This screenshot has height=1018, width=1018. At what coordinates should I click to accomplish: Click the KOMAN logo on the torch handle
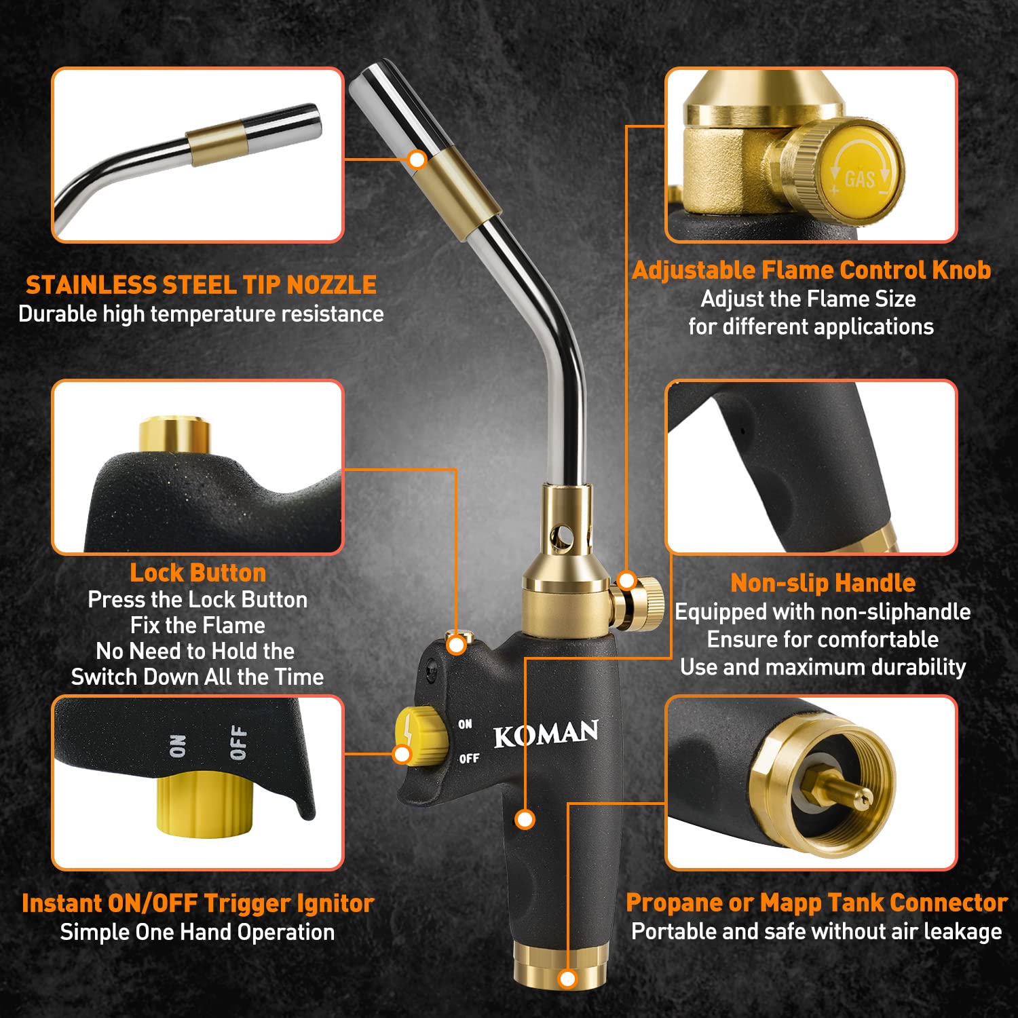[x=546, y=734]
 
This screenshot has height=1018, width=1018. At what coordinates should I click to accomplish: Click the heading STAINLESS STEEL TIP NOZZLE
[x=201, y=285]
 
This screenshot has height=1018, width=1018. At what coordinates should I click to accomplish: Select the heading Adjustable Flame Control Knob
[x=811, y=270]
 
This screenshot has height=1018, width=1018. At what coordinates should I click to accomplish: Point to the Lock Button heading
[x=197, y=573]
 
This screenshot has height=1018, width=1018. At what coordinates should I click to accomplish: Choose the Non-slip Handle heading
[x=823, y=583]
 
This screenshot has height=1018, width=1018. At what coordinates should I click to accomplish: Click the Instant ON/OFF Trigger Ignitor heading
[x=197, y=903]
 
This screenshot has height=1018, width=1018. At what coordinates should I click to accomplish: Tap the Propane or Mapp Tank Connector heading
[x=816, y=903]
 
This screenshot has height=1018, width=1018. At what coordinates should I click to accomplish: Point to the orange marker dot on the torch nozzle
[x=417, y=160]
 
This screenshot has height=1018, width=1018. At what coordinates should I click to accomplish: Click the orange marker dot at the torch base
[x=567, y=979]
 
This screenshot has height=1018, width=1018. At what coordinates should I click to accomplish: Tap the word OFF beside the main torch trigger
[x=469, y=758]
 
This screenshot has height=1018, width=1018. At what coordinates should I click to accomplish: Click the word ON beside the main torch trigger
[x=465, y=724]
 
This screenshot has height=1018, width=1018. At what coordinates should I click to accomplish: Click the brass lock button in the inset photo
[x=174, y=434]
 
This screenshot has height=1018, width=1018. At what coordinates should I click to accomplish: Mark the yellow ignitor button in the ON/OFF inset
[x=204, y=804]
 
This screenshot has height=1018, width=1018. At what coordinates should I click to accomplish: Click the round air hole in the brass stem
[x=561, y=538]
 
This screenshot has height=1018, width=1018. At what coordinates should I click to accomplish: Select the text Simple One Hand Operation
[x=197, y=932]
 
